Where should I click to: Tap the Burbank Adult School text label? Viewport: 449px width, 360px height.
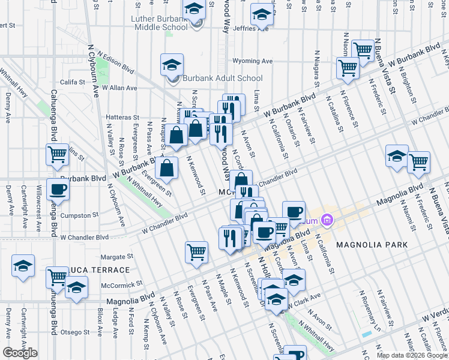[x=223, y=78]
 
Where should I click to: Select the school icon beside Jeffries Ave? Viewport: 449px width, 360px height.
[x=262, y=14]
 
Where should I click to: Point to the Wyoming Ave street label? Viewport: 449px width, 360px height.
[x=252, y=61]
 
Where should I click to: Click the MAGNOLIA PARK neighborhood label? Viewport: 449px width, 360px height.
[x=372, y=245]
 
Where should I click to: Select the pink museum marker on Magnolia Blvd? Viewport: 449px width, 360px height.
[x=327, y=221]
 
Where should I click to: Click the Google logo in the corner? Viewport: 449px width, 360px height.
[x=20, y=353]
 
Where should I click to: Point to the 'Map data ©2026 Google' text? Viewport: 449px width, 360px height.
[x=411, y=355]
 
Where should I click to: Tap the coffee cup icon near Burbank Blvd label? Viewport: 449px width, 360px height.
[x=58, y=190]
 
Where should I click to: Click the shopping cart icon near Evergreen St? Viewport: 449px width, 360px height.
[x=196, y=252]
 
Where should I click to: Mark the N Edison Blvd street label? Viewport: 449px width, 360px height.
[x=110, y=64]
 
